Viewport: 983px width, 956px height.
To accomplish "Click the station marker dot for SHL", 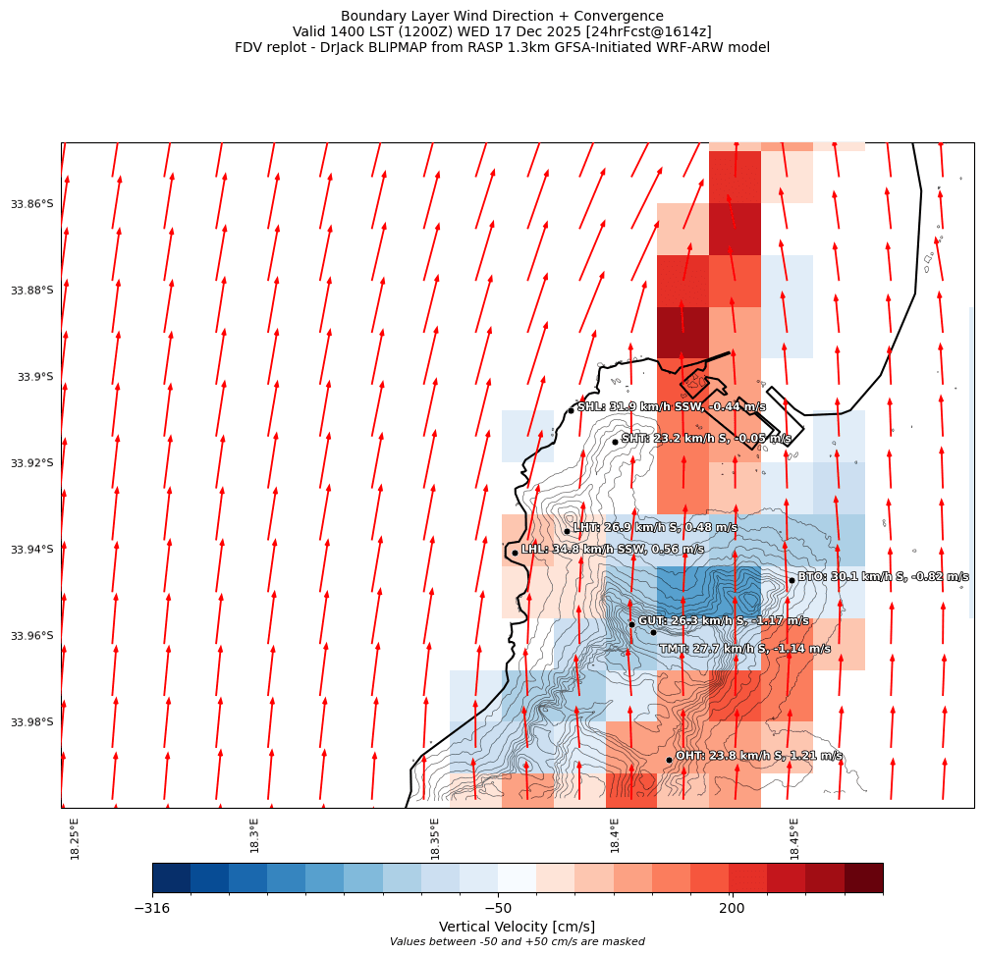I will tap(571, 410).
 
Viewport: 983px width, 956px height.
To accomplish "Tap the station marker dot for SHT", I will tap(615, 442).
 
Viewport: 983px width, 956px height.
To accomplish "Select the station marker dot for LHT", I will tap(567, 531).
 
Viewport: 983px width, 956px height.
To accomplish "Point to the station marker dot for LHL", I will tap(515, 553).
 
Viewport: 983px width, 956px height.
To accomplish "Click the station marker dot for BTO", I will tap(792, 580).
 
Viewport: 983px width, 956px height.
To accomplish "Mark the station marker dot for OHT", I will tap(669, 760).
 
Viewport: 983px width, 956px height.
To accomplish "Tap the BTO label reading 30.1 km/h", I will tap(882, 577).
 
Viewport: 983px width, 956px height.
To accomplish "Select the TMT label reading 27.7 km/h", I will tap(744, 649).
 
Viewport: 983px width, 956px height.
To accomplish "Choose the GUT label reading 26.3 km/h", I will tap(724, 621).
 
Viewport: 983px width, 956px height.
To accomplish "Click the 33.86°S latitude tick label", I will tap(31, 204).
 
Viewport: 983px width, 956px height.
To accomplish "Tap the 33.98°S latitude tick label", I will tap(31, 722).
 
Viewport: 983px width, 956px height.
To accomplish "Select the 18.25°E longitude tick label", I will tap(76, 838).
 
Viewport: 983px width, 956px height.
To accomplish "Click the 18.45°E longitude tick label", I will tap(794, 838).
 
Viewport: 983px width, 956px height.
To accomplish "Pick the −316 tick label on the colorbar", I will tap(152, 909).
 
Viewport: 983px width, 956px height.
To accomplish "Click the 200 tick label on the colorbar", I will tap(732, 909).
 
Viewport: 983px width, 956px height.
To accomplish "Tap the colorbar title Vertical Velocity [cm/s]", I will tap(517, 927).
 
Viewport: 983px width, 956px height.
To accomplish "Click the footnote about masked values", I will tap(517, 942).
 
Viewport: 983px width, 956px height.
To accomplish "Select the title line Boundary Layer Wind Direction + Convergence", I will tap(502, 16).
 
